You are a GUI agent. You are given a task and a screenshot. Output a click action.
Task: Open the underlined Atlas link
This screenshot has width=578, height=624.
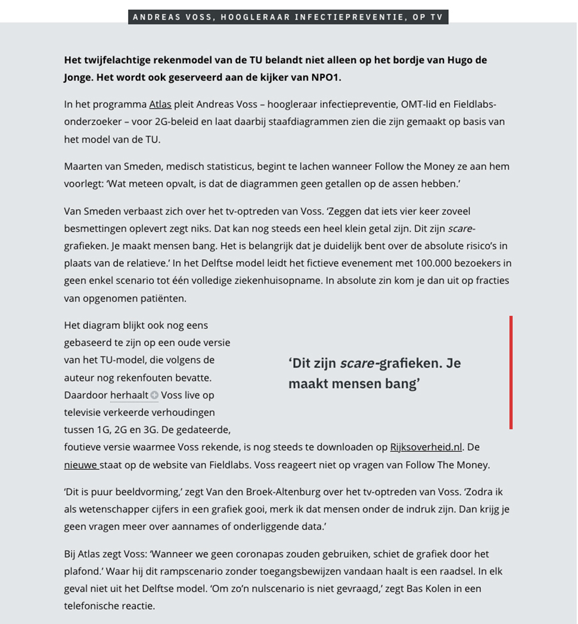[x=160, y=104]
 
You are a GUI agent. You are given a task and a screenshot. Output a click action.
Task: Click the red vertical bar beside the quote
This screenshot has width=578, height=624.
[x=511, y=372]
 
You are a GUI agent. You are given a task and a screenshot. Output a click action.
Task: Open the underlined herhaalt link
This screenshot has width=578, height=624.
[x=129, y=395]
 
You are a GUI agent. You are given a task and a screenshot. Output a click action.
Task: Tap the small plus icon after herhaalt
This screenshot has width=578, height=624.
[x=154, y=395]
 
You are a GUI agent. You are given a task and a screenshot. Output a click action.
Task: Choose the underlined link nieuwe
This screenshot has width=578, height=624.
[x=80, y=464]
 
